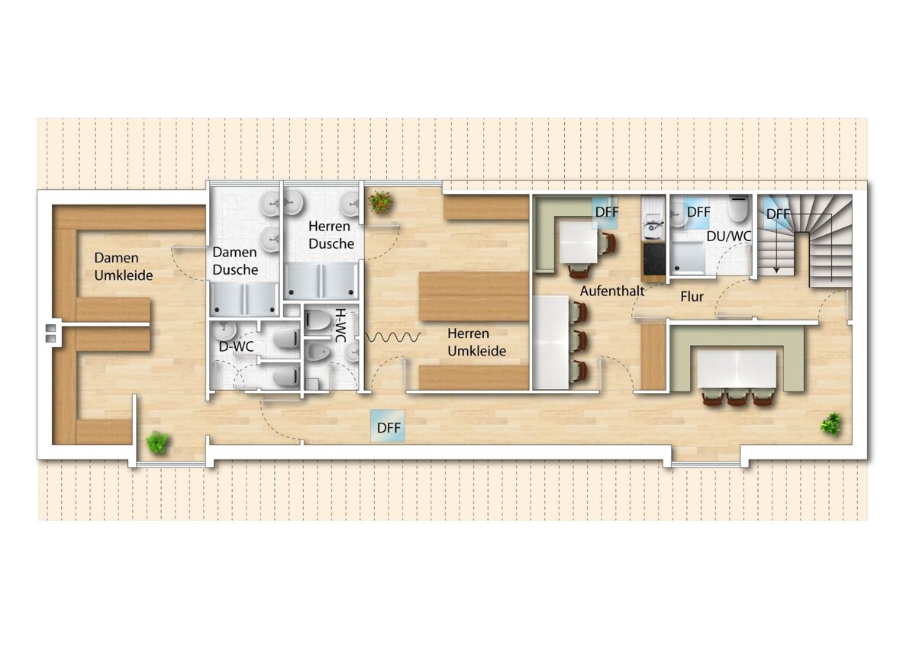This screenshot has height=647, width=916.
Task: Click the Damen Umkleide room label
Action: pyautogui.click(x=124, y=266)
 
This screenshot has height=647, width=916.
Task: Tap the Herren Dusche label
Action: pyautogui.click(x=331, y=235)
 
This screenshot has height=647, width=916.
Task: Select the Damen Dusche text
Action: pyautogui.click(x=235, y=261)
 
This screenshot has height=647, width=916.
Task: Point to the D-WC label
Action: pyautogui.click(x=237, y=346)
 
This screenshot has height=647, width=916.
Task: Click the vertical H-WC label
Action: pyautogui.click(x=340, y=325)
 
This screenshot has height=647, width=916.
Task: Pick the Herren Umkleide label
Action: pyautogui.click(x=477, y=342)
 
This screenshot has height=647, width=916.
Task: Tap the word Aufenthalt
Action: pyautogui.click(x=612, y=291)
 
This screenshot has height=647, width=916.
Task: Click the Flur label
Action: pyautogui.click(x=692, y=297)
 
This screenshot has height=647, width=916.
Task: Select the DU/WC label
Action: pyautogui.click(x=729, y=237)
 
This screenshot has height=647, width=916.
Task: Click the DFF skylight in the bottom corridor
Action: pyautogui.click(x=388, y=426)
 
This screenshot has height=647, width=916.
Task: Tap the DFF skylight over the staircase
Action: pyautogui.click(x=776, y=214)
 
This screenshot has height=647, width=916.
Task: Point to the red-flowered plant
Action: pyautogui.click(x=380, y=203)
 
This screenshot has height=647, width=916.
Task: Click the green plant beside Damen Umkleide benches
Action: pyautogui.click(x=157, y=443)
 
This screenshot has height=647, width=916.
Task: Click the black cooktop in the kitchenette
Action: pyautogui.click(x=654, y=259)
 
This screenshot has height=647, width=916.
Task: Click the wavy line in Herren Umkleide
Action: pyautogui.click(x=392, y=336)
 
